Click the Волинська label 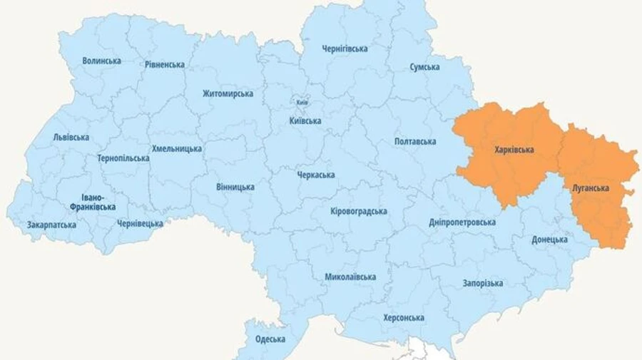pos(101,61)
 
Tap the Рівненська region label pos(164,65)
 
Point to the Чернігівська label pos(345,49)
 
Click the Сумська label pos(424,67)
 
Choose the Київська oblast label pos(305,121)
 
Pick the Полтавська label pos(414,142)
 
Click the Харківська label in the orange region pos(514,150)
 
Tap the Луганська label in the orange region pos(590,188)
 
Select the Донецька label pos(549,240)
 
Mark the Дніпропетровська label pos(462,222)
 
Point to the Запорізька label pos(482,283)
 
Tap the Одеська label pos(270,339)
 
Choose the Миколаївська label pos(350,277)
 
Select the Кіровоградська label pos(359,212)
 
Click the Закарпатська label pos(51,225)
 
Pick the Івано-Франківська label pos(93,202)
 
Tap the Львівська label pos(71,138)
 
